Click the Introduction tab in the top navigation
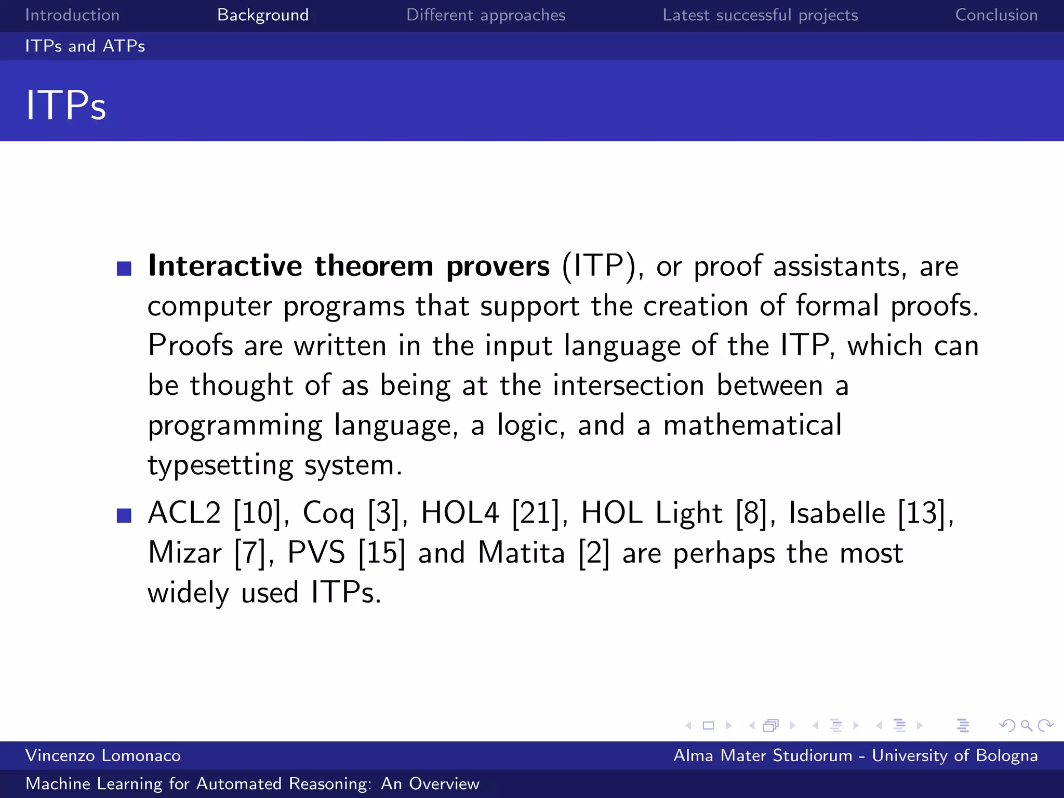72,15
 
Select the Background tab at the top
263,15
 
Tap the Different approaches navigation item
486,15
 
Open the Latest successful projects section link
760,15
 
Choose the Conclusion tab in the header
996,15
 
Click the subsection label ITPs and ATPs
85,46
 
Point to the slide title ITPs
66,105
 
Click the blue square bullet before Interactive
124,269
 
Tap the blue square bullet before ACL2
124,515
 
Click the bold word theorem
374,266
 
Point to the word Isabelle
837,513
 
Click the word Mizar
184,553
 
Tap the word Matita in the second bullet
521,553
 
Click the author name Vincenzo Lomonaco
103,755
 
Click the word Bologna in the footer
1007,755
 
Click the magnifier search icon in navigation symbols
1026,725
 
